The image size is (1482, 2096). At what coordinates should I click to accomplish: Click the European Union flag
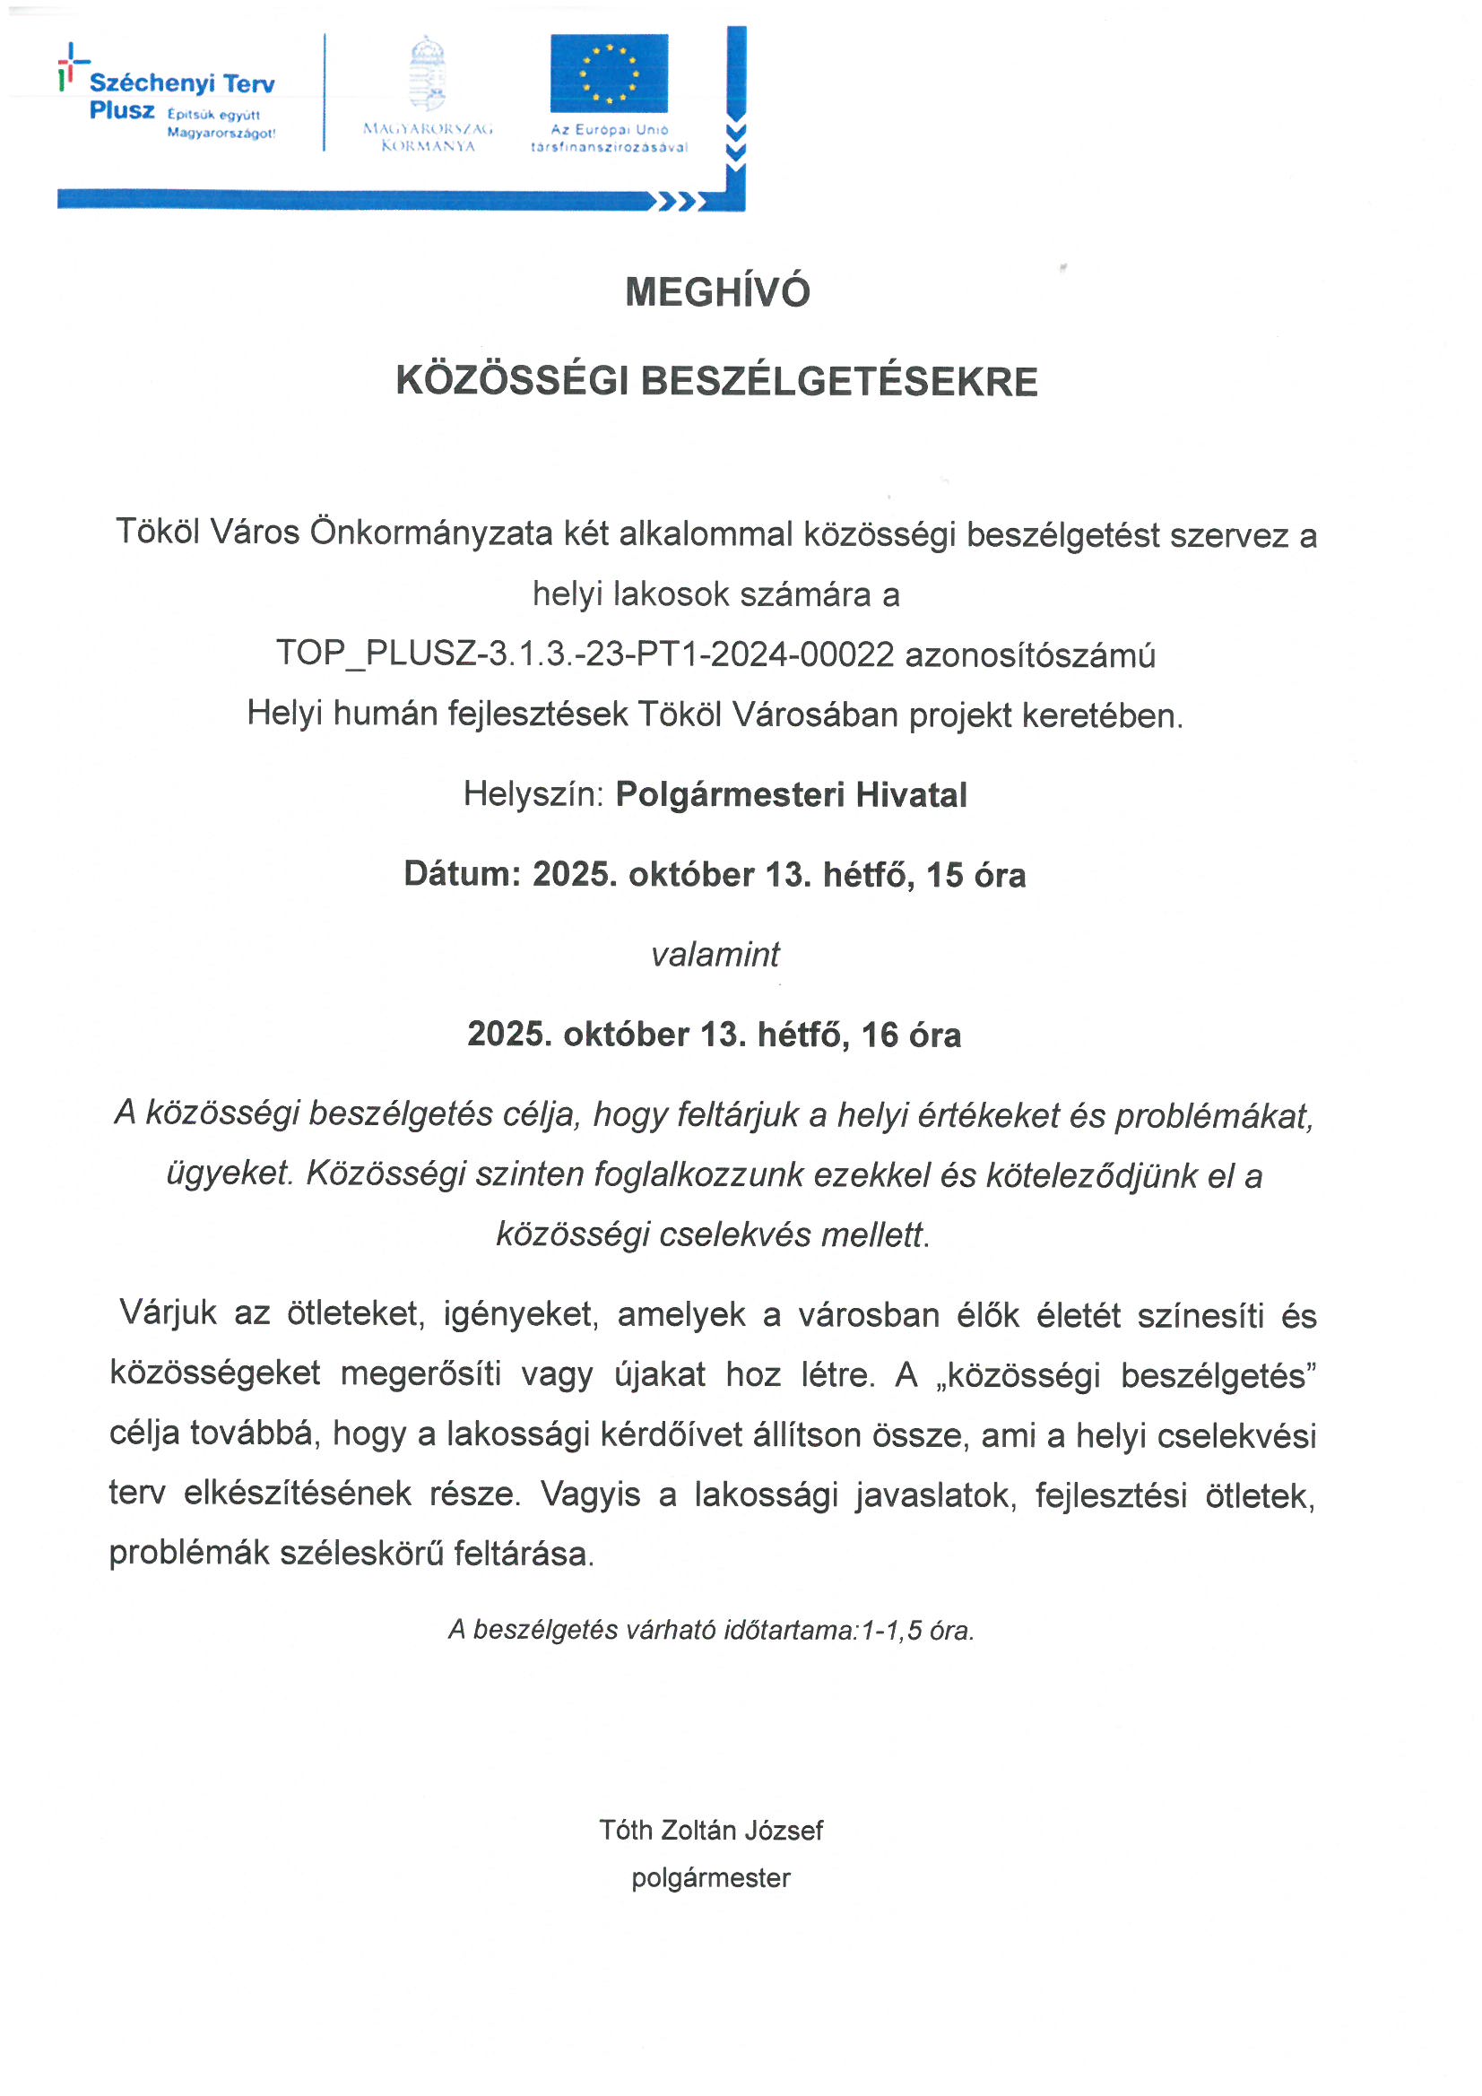tap(609, 73)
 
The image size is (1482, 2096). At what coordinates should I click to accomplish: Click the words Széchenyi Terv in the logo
tap(182, 84)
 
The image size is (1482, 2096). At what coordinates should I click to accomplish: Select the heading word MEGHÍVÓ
tap(718, 292)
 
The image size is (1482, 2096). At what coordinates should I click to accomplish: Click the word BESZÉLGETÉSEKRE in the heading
tap(839, 382)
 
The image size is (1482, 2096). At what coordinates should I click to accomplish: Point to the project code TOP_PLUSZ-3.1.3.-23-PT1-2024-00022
tap(585, 654)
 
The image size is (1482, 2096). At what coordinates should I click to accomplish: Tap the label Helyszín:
tap(533, 794)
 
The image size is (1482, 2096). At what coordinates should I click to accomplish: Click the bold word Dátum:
tap(462, 875)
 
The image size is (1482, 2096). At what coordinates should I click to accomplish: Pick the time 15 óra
tap(975, 875)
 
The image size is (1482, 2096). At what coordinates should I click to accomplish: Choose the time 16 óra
tap(910, 1035)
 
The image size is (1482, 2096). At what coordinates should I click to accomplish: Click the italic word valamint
tap(715, 955)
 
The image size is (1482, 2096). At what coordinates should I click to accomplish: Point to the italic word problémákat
tap(1214, 1115)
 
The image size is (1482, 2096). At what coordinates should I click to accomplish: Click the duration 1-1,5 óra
tap(917, 1631)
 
